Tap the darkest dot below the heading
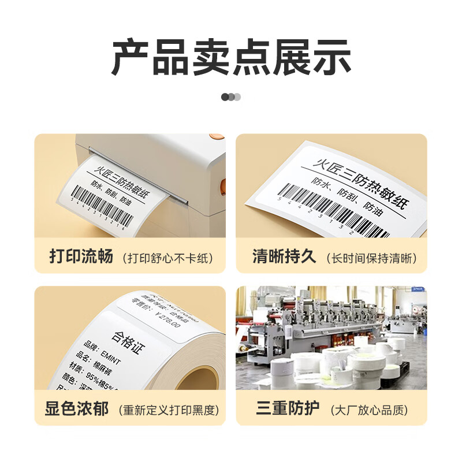point(225,97)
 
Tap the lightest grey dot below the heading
point(237,97)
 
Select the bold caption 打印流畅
point(81,256)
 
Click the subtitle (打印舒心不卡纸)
point(167,258)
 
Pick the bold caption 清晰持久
point(285,256)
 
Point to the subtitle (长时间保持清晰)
point(371,258)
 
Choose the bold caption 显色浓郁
point(77,409)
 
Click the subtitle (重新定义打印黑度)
point(169,411)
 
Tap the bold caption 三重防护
point(288,409)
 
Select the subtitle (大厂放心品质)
point(369,411)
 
